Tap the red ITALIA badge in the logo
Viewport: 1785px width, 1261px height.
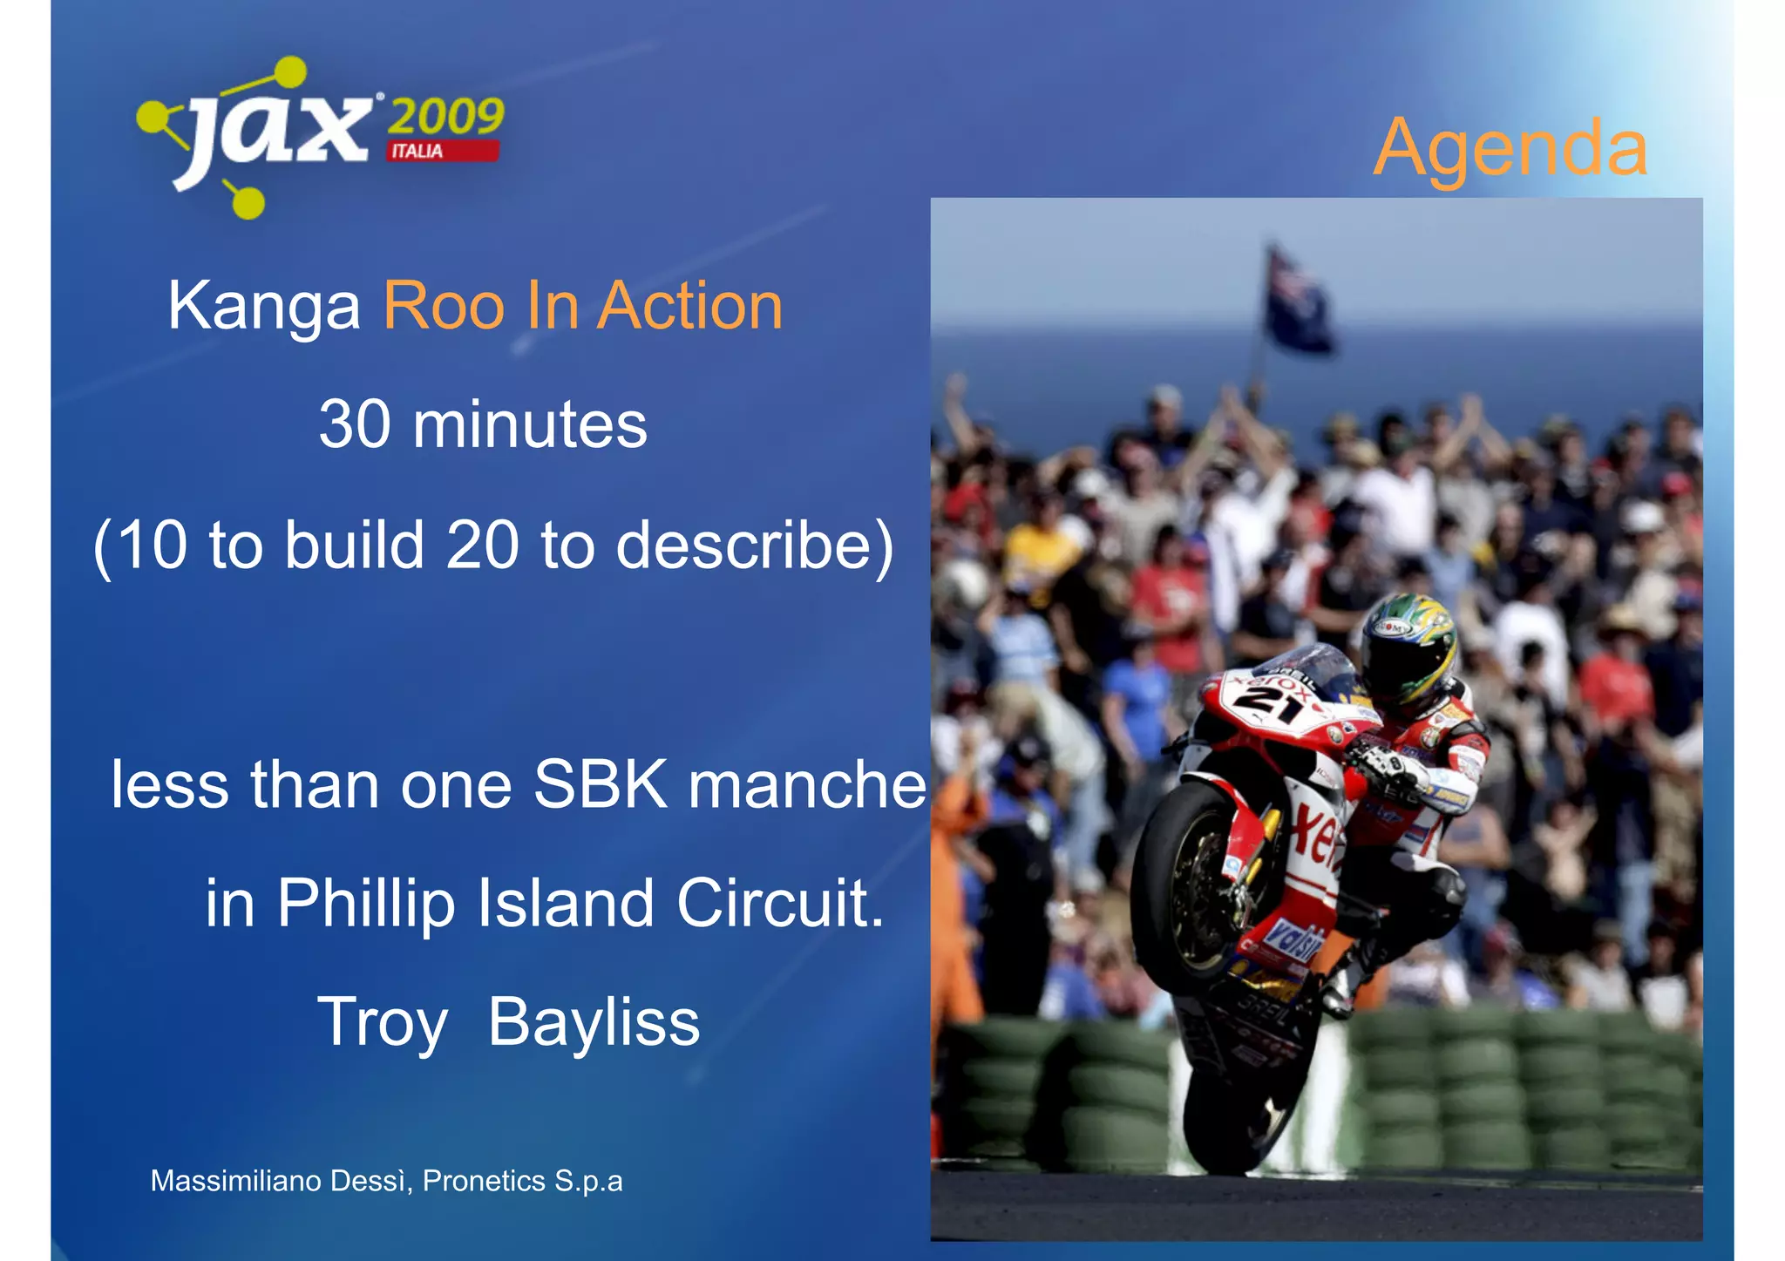(443, 152)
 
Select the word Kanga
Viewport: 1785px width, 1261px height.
(264, 307)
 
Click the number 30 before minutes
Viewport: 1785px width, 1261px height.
(355, 425)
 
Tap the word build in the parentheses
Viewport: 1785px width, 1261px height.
(355, 546)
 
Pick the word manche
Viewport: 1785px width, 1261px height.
(807, 784)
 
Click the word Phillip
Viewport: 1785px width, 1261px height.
(366, 904)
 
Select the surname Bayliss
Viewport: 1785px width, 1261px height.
(594, 1022)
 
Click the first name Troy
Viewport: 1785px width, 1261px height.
(383, 1022)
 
